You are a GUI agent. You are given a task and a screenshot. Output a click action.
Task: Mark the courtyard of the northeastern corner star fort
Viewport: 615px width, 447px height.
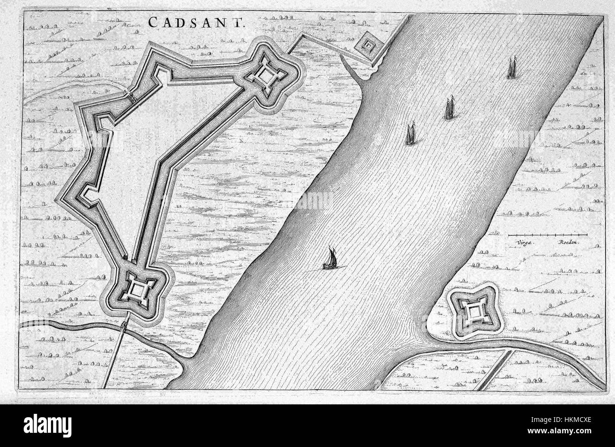coord(268,76)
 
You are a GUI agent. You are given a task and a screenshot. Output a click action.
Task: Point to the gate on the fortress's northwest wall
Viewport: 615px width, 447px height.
coord(131,96)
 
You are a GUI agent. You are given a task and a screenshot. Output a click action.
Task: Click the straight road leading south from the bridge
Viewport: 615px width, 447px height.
coord(114,360)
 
